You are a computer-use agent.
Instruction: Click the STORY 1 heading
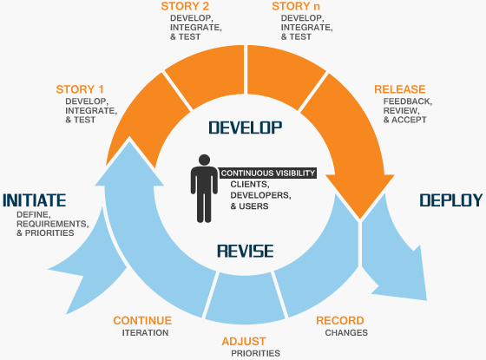(80, 89)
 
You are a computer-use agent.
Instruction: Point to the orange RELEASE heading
(399, 89)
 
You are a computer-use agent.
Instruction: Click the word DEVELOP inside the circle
(246, 128)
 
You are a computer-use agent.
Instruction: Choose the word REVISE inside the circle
(246, 252)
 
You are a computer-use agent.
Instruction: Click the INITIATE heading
(35, 200)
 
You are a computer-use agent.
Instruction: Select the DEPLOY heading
(450, 200)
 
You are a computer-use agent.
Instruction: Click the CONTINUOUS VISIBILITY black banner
(267, 173)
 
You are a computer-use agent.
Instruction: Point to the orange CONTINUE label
(142, 321)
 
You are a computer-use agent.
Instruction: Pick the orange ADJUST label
(244, 341)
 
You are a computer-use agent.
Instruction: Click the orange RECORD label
(340, 321)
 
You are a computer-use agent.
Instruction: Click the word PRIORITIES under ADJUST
(255, 353)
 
